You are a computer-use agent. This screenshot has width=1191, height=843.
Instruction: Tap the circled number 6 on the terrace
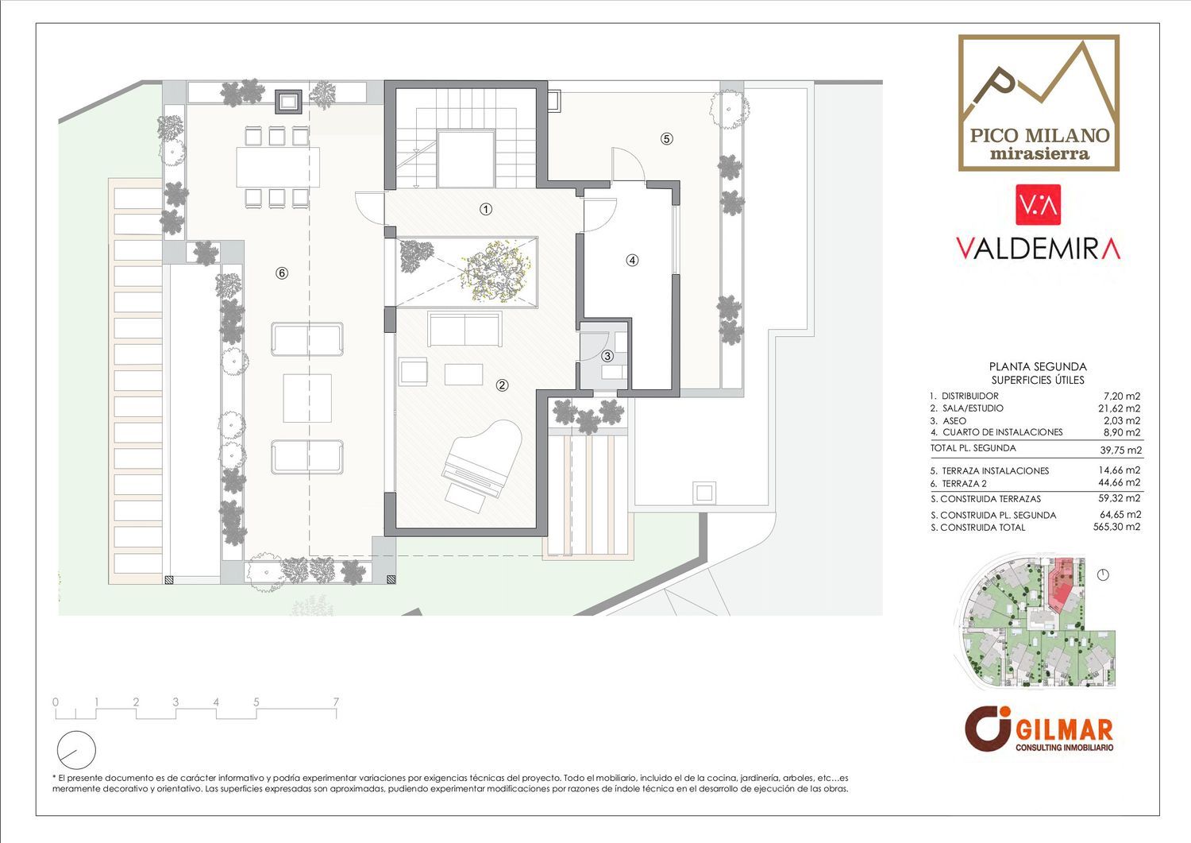click(x=282, y=273)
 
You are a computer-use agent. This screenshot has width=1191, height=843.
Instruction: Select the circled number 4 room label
click(x=632, y=261)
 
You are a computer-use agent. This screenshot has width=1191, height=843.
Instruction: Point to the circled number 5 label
click(x=667, y=139)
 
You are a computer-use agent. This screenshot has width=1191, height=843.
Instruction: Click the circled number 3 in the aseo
click(x=607, y=355)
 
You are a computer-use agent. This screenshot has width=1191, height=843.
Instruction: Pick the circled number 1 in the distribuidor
click(x=486, y=209)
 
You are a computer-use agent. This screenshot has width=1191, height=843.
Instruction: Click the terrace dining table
click(x=278, y=167)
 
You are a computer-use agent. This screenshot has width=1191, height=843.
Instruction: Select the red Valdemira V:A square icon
click(x=1038, y=205)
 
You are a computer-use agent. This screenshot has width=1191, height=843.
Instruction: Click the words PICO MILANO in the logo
click(x=1039, y=136)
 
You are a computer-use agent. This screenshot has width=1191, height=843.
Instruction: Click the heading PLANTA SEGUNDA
click(x=1038, y=367)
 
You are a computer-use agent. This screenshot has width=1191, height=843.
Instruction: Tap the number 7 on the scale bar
click(x=336, y=702)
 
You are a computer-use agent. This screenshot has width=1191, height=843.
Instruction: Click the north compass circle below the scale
click(x=76, y=750)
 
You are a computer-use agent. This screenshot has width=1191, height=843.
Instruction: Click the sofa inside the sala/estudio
click(x=464, y=329)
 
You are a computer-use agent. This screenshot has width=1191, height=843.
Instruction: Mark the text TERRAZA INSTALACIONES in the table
click(x=996, y=471)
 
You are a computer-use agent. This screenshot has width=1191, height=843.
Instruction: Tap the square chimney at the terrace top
click(x=288, y=102)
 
